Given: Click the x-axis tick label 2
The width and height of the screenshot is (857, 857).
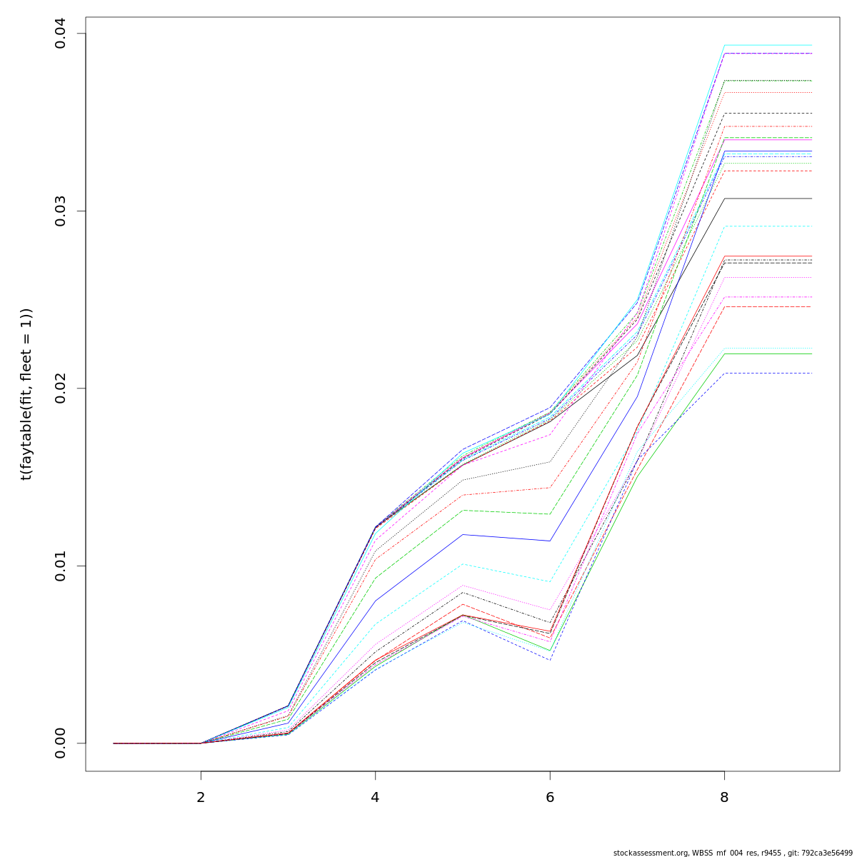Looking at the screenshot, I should (201, 797).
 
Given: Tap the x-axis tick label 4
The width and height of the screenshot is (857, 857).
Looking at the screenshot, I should (375, 797).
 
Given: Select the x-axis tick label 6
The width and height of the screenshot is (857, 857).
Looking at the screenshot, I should (550, 797).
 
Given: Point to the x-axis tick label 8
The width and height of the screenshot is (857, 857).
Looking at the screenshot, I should (724, 797).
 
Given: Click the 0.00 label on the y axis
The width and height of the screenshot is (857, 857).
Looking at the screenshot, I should (60, 743).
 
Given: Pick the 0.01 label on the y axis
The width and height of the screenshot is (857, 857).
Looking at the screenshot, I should (60, 566).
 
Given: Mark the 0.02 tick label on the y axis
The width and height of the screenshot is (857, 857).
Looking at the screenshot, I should (60, 388).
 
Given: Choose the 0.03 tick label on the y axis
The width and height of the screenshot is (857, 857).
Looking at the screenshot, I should (60, 211).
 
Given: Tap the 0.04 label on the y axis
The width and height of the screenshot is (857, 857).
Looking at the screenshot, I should (60, 34).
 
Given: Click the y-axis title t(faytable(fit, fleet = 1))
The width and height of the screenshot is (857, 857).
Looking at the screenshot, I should (26, 394).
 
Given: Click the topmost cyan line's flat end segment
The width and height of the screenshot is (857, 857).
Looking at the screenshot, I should (768, 45).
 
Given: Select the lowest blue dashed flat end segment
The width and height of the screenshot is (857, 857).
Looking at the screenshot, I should (768, 373).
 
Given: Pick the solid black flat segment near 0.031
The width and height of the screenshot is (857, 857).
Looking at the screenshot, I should (768, 199).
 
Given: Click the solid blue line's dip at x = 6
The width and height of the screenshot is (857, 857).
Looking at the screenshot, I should (550, 541).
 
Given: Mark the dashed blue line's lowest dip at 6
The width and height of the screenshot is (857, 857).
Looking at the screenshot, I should (550, 659).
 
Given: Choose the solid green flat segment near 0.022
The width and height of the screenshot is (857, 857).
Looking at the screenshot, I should (768, 354).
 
